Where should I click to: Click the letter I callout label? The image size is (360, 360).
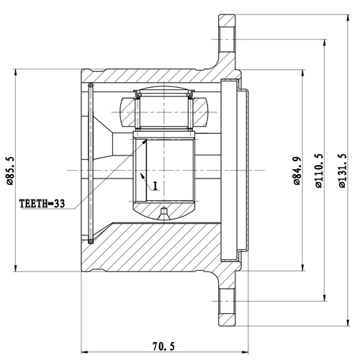[154, 185]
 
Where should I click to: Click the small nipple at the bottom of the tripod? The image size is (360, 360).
[164, 213]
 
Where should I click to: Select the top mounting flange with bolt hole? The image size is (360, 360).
[228, 39]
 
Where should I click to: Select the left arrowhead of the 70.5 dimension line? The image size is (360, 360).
[86, 351]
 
